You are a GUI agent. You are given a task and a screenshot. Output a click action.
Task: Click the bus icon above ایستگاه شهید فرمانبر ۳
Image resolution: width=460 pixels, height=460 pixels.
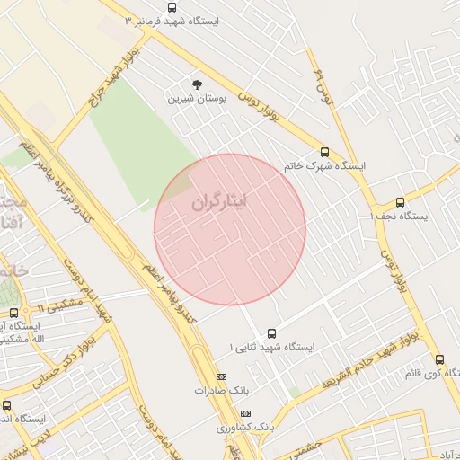[x=172, y=7]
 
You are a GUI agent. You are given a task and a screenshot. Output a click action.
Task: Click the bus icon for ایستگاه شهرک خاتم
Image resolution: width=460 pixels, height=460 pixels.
[x=324, y=152]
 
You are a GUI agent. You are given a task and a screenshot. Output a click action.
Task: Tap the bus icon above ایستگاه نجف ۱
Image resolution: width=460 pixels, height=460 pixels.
[x=400, y=202]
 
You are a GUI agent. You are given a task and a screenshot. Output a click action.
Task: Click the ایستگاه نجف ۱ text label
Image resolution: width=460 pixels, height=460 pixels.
[x=400, y=217]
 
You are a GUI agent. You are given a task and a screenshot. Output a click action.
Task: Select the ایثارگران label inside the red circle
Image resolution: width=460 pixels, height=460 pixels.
[x=217, y=202]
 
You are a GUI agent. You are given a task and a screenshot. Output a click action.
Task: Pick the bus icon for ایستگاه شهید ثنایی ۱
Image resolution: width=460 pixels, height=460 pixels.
[x=272, y=333]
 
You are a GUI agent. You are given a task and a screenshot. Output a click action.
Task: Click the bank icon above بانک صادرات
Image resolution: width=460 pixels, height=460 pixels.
[x=221, y=376]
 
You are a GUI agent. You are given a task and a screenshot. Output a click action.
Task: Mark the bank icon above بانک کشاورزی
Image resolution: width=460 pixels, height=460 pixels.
[x=245, y=413]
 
